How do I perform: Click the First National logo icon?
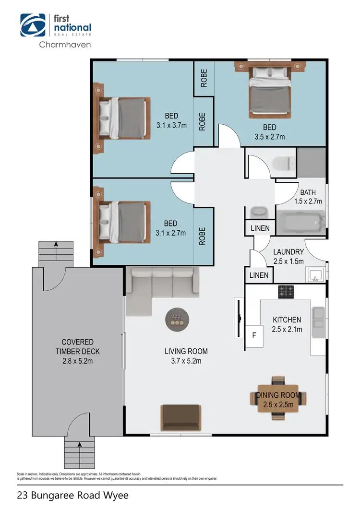(x=33, y=25)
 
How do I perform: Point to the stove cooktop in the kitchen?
(x=287, y=291)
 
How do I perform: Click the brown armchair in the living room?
(x=180, y=417)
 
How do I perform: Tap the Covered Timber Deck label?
(x=77, y=351)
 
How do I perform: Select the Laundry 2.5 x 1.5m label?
(x=288, y=257)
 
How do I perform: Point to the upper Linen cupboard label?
(x=260, y=228)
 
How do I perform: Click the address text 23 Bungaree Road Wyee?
(x=72, y=495)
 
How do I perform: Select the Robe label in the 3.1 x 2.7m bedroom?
(x=203, y=236)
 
